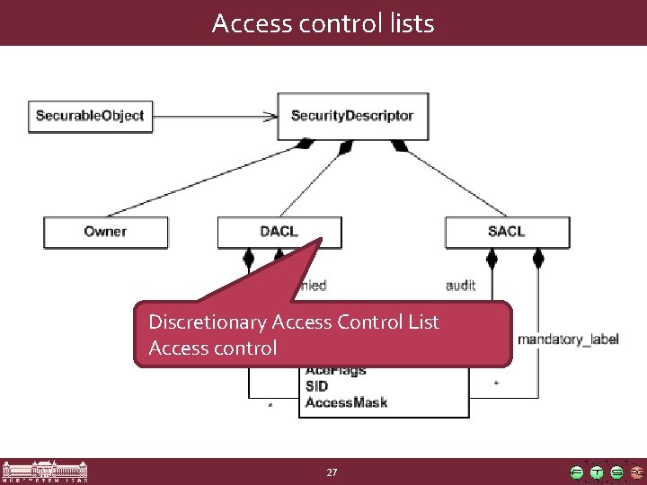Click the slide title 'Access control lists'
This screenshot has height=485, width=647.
coord(323,22)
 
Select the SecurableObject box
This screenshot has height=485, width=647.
coord(90,116)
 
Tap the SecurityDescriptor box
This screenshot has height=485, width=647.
coord(352,116)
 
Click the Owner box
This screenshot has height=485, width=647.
coord(106,232)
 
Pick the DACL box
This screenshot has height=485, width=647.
coord(279,232)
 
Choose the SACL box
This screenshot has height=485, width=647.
coord(507,232)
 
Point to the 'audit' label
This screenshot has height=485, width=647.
coord(461,286)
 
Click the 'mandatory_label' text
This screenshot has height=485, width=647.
coord(568,339)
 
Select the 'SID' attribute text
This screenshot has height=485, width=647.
coord(316,386)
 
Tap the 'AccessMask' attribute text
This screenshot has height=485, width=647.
coord(346,402)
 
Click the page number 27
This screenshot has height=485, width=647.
coord(332,472)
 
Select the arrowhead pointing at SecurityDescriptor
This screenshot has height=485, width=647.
coord(270,115)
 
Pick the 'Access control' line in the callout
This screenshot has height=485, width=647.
coord(213,347)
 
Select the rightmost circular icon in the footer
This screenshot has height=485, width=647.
coord(636,472)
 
